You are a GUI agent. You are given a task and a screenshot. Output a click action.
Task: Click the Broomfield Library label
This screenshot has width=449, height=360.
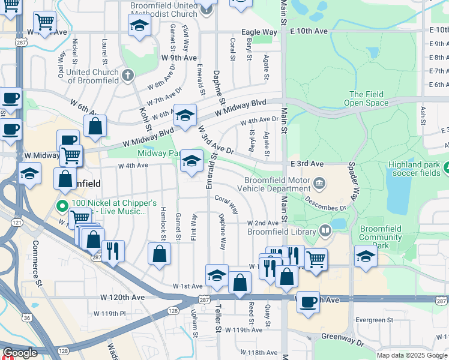pos(282,232)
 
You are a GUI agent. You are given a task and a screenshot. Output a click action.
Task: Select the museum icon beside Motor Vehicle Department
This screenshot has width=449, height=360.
pos(320,182)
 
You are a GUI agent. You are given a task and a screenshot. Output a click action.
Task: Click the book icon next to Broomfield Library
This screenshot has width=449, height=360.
pos(325,230)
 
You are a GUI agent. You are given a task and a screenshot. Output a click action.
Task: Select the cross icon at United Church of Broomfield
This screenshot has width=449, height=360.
pos(127,75)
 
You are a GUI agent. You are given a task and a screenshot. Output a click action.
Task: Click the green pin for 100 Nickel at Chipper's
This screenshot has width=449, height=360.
pos(62,206)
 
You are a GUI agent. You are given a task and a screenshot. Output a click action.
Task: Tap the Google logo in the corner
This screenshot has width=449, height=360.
pos(20,353)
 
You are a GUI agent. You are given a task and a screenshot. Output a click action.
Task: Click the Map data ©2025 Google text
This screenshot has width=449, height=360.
pos(411,355)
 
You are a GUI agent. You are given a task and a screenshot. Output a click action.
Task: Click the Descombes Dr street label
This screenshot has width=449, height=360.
pos(326,203)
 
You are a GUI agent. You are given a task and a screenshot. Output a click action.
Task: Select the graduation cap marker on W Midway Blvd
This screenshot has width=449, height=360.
pos(185,114)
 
